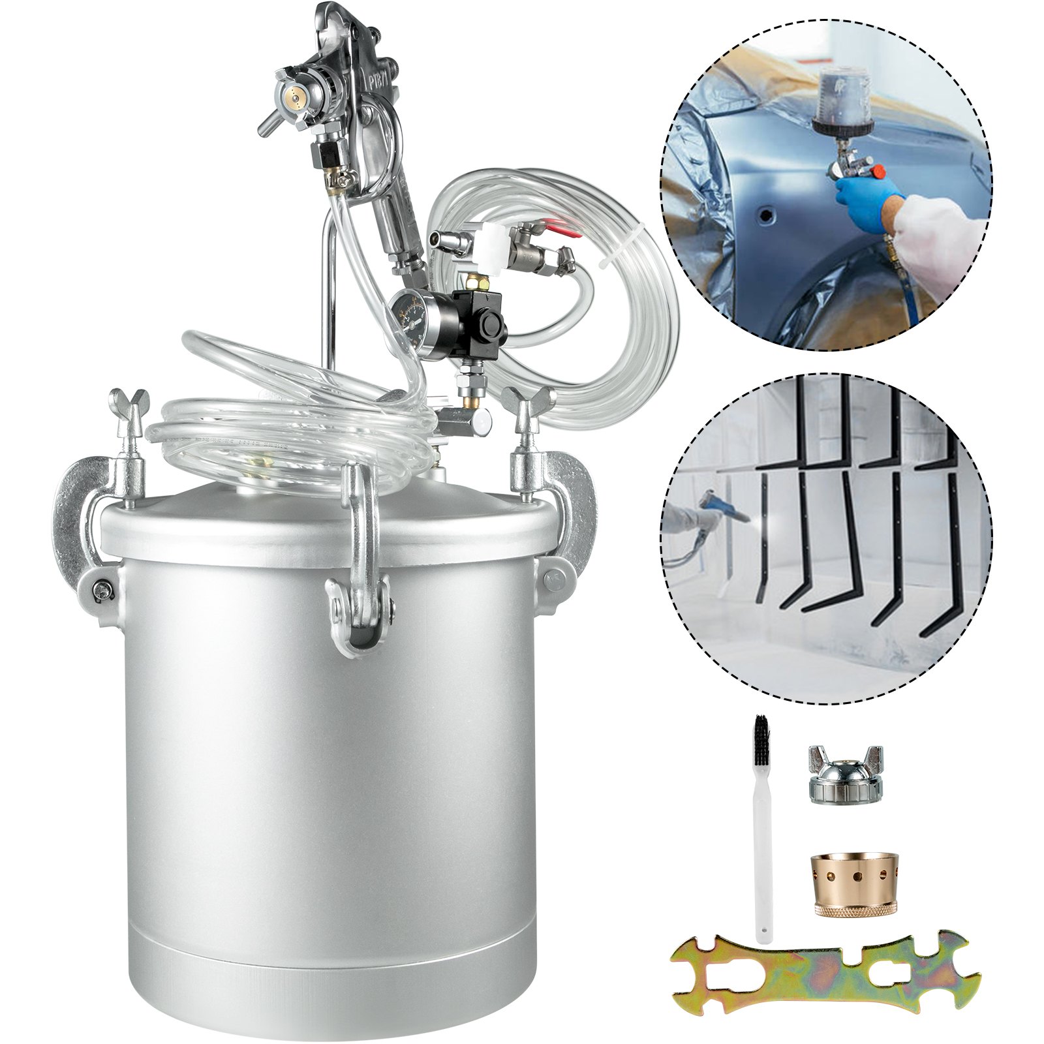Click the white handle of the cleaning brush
point(763,848)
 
